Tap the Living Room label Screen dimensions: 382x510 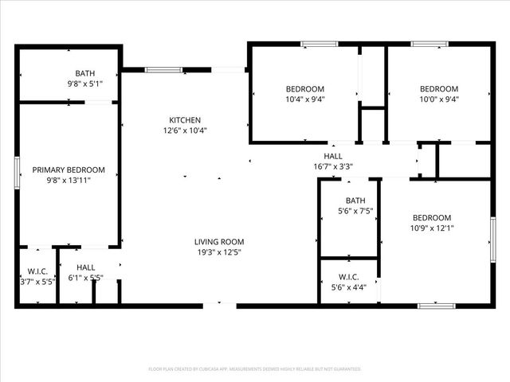coord(219,242)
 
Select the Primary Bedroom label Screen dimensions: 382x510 coord(69,170)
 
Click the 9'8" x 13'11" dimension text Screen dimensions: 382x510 coord(69,181)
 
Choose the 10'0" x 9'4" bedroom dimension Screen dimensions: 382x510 coord(439,99)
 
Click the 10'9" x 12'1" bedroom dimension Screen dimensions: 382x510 coord(432,228)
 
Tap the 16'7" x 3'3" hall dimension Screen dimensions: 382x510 coord(333,167)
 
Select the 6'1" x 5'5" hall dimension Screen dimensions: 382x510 coord(86,279)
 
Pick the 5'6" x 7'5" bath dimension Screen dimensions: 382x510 coord(355,211)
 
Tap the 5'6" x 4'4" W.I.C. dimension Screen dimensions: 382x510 coord(349,287)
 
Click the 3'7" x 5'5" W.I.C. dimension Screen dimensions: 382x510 coord(37,282)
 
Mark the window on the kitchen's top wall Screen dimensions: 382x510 coord(163,70)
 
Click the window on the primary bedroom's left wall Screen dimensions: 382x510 coord(17,173)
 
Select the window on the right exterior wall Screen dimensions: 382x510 coord(492,239)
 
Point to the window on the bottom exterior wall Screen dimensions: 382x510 coord(437,305)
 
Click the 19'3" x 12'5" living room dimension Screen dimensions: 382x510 coord(219,252)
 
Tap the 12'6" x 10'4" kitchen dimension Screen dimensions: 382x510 coord(185,131)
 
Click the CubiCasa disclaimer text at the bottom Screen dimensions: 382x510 coord(255,369)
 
